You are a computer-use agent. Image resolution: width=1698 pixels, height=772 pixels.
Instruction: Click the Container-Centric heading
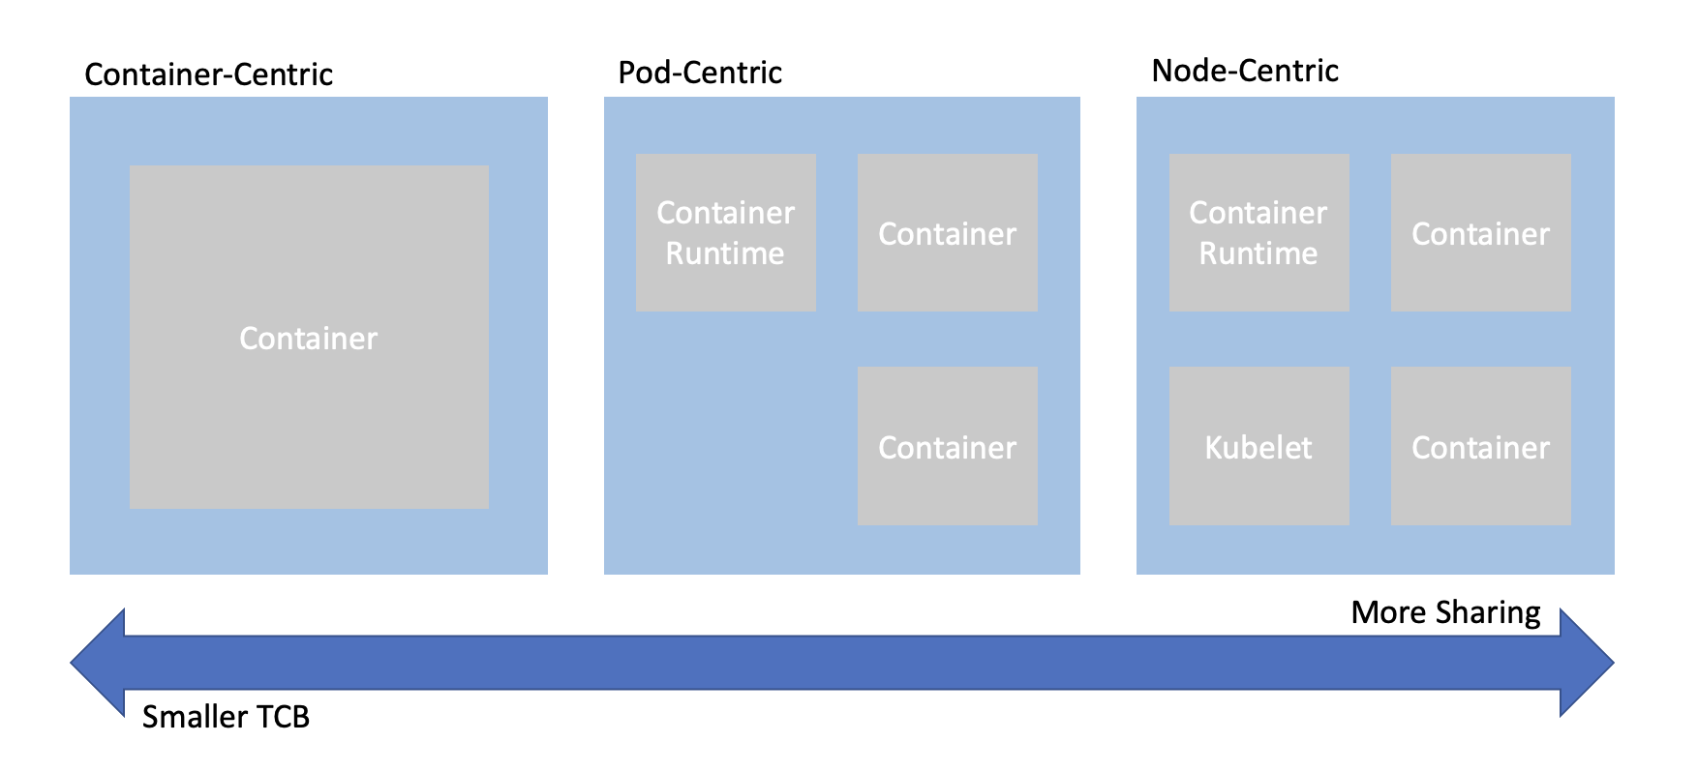tap(208, 74)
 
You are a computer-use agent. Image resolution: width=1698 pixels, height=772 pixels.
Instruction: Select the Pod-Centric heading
tap(700, 73)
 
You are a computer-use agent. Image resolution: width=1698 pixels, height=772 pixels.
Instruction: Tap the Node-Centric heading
tap(1245, 71)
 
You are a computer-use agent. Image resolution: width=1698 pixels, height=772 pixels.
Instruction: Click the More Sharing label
tap(1445, 612)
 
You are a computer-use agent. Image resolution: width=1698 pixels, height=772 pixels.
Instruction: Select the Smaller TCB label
tap(226, 717)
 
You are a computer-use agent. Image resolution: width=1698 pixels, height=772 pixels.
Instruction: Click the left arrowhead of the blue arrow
tap(98, 664)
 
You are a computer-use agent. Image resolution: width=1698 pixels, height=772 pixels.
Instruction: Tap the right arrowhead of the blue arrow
tap(1587, 664)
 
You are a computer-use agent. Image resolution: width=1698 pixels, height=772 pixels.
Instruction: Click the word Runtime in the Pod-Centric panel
tap(725, 253)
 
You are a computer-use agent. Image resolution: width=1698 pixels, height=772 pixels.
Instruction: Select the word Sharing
tap(1488, 613)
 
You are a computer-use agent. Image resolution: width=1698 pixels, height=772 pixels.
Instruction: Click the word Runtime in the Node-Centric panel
tap(1258, 253)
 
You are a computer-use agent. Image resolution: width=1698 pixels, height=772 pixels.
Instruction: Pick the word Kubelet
tap(1258, 448)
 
